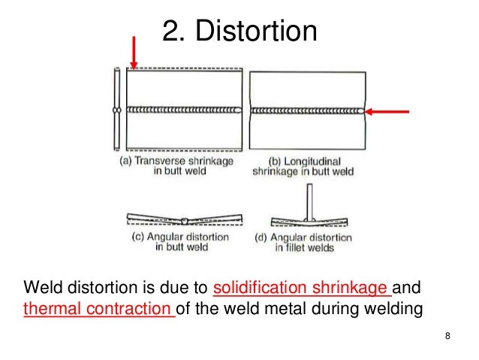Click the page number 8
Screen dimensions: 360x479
[447, 336]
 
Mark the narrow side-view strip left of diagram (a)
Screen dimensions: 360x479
[116, 109]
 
